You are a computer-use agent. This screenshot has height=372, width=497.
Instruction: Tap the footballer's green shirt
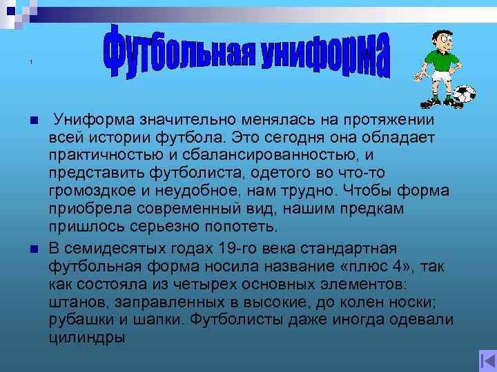coord(436,60)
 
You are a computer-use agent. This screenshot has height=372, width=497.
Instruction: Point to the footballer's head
coord(439,38)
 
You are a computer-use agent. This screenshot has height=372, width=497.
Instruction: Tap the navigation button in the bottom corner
coord(487,360)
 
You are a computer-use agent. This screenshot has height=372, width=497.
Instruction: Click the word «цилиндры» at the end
coord(87,337)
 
